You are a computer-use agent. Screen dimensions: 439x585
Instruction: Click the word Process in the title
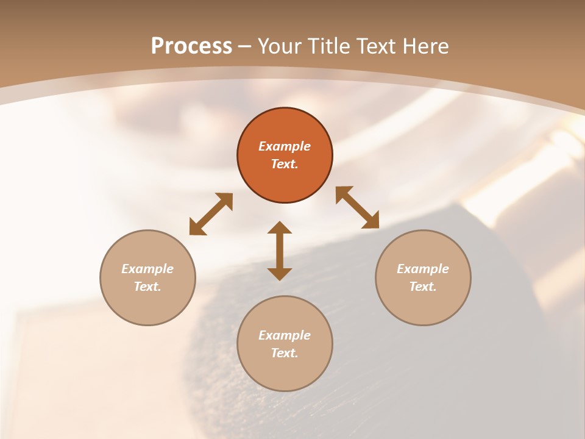coord(191,46)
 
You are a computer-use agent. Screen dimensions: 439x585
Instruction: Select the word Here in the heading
coord(425,46)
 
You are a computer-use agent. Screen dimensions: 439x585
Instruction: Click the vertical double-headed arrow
coord(280,251)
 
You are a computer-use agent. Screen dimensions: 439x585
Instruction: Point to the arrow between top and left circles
coord(211,214)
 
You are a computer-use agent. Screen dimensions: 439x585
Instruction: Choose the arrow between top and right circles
coord(357,207)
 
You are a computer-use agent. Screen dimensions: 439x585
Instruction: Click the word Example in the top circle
coord(285,146)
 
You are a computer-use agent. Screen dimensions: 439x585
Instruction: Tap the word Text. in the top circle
coord(285,164)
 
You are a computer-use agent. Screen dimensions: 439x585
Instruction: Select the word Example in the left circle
coord(147,269)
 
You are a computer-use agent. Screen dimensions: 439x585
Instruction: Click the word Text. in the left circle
coord(147,287)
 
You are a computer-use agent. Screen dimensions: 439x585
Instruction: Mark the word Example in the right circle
coord(423,269)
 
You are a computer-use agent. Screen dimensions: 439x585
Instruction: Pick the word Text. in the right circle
coord(423,287)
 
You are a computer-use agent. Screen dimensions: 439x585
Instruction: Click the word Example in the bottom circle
coord(285,335)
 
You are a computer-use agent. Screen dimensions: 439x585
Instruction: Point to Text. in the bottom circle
coord(285,353)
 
